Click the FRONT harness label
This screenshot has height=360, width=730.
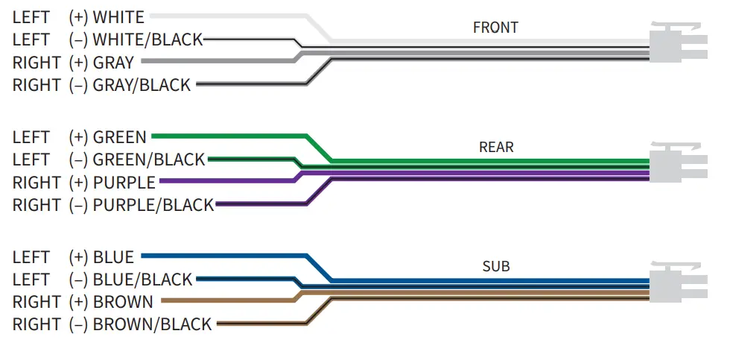click(495, 28)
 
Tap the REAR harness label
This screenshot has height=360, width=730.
click(496, 147)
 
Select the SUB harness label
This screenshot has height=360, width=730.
click(496, 266)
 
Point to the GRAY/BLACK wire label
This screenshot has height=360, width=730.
click(142, 85)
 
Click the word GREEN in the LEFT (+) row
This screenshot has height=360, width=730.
click(120, 137)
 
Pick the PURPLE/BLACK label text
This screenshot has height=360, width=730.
click(153, 204)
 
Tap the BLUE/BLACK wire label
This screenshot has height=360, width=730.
click(142, 280)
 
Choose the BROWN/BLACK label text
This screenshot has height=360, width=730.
click(152, 324)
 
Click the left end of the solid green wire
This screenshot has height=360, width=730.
click(153, 136)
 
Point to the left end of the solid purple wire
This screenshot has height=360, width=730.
click(162, 181)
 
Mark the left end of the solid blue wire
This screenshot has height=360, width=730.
click(143, 256)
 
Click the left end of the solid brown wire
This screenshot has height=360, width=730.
click(162, 301)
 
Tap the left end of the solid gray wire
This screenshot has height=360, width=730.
click(143, 61)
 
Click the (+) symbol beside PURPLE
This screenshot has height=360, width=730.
click(78, 182)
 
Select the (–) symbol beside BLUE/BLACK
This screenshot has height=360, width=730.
click(78, 280)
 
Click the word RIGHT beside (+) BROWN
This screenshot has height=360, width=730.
click(36, 302)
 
